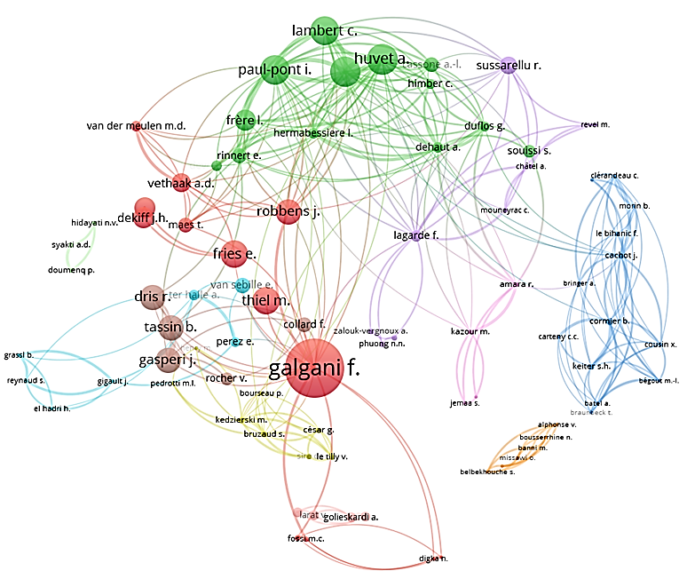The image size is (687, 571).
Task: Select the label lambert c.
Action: (x=324, y=30)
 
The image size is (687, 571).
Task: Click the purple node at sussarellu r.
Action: (x=508, y=65)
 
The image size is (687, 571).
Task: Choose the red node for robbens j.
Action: (x=288, y=212)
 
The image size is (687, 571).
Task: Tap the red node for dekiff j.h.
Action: (x=144, y=208)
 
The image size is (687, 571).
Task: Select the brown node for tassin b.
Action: (x=170, y=328)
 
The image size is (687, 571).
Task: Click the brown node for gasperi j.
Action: (x=168, y=360)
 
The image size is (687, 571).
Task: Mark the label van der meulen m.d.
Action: (x=136, y=125)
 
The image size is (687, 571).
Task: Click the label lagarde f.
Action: (x=416, y=235)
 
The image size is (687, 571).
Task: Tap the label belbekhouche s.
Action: (x=487, y=471)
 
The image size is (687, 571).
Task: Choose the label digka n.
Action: (x=433, y=559)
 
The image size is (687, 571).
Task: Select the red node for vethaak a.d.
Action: (x=181, y=183)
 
